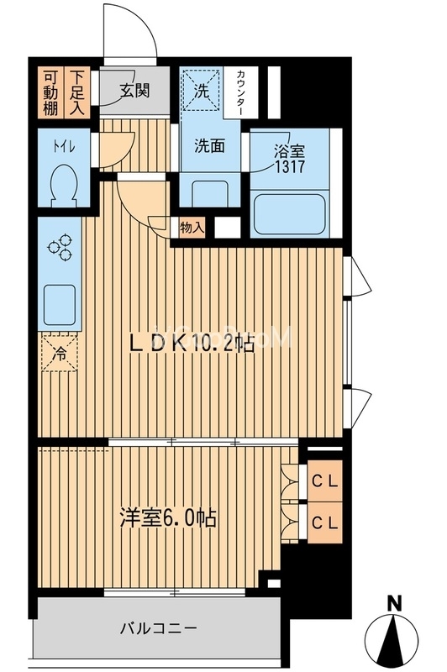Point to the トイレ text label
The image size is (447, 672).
coord(65,146)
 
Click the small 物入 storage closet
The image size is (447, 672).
coord(191,227)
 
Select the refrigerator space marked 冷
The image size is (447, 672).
coord(60,353)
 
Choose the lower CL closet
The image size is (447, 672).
coord(325,522)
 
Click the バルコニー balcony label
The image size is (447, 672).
coord(157,627)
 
